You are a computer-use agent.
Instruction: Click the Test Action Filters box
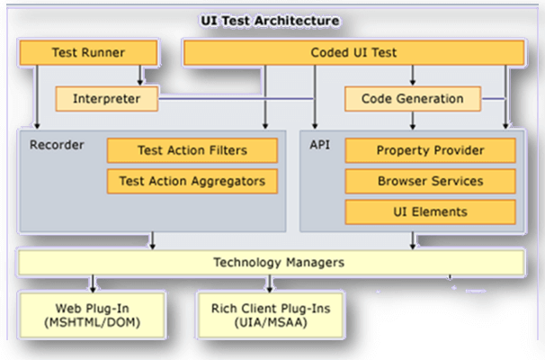tap(192, 150)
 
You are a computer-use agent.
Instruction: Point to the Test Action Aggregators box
tap(192, 181)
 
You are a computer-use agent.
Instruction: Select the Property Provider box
tap(429, 150)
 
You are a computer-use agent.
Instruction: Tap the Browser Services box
tap(429, 181)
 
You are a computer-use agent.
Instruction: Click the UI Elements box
tap(429, 211)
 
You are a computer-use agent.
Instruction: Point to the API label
tap(319, 144)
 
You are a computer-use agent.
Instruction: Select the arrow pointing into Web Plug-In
tap(90, 284)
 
